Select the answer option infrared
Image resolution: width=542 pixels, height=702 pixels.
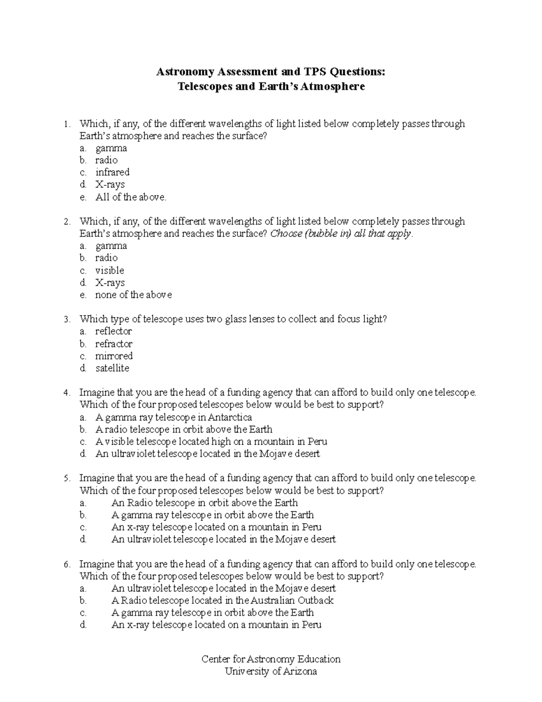[x=112, y=172]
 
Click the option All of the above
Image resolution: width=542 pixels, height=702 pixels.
[x=131, y=197]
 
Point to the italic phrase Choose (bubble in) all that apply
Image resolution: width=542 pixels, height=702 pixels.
[x=341, y=234]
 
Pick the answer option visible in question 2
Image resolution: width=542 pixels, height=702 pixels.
[x=110, y=270]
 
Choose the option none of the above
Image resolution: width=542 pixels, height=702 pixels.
[x=133, y=295]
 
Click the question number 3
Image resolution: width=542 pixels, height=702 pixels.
[x=66, y=320]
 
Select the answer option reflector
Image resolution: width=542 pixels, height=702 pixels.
[x=113, y=331]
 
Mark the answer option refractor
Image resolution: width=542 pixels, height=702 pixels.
[x=114, y=344]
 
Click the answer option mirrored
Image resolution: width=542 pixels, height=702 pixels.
[x=114, y=356]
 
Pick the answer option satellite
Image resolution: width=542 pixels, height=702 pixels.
[x=112, y=368]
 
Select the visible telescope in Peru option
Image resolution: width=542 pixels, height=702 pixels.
[x=211, y=442]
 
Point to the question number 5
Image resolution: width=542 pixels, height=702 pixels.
[x=66, y=478]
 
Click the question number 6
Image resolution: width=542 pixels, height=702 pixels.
[x=66, y=564]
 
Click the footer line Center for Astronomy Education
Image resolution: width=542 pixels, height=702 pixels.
[x=271, y=659]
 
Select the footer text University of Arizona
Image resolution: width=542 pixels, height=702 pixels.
[x=271, y=671]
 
